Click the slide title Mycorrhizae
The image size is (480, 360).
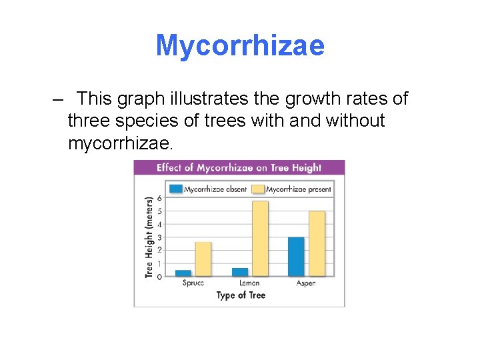(240, 45)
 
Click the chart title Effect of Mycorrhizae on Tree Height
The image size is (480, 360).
(239, 168)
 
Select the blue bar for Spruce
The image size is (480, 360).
(183, 273)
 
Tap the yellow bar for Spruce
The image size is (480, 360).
(203, 259)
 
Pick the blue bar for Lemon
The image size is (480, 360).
(240, 271)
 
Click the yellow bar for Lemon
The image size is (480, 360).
(260, 239)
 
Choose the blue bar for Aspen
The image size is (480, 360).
(296, 256)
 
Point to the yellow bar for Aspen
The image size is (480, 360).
(317, 243)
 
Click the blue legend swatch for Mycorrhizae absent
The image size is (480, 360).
(176, 189)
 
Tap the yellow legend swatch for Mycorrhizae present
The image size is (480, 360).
(258, 189)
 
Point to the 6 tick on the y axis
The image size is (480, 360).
(159, 199)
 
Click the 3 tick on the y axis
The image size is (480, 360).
(159, 237)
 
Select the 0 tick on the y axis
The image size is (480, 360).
(159, 276)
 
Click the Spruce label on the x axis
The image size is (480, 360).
(193, 283)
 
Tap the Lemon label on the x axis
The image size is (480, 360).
(249, 283)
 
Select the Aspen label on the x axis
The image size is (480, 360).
(306, 283)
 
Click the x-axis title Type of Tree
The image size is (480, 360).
(241, 295)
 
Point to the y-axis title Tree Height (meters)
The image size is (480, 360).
(149, 237)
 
